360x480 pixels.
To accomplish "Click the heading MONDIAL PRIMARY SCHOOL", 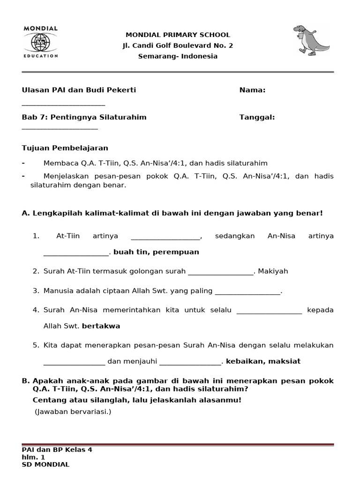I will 178,35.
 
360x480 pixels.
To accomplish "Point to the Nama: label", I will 252,90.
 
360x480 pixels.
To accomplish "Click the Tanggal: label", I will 257,117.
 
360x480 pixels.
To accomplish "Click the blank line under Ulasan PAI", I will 63,105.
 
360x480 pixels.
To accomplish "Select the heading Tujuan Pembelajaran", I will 65,148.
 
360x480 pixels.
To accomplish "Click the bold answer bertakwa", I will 101,326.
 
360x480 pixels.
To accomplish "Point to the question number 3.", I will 36,291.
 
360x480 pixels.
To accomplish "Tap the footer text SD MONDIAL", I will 45,465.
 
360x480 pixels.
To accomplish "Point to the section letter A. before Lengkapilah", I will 26,213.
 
